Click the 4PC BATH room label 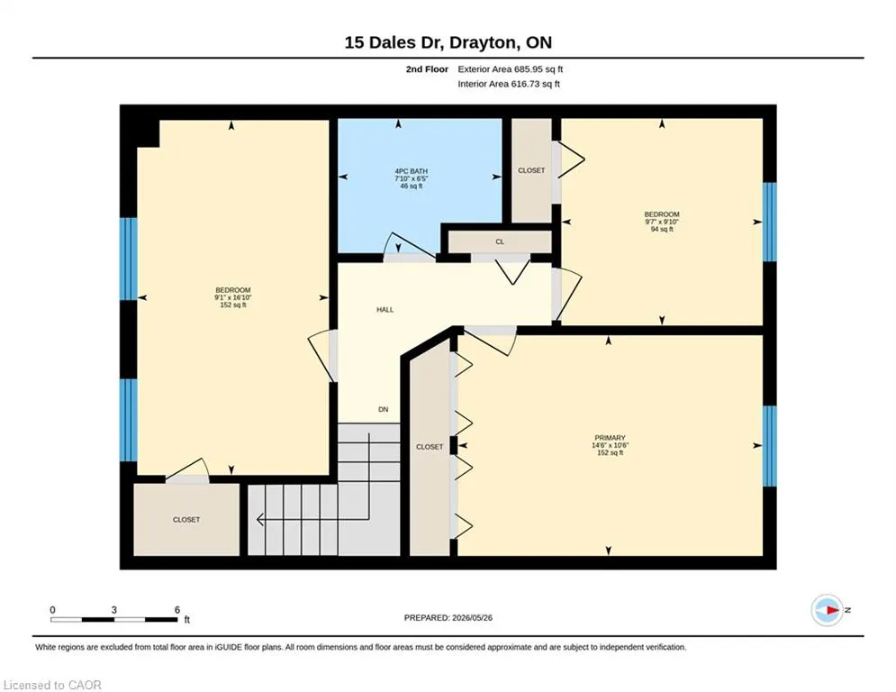pos(411,171)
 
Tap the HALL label pos(385,309)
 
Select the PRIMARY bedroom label pos(610,438)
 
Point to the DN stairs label pos(384,409)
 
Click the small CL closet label pos(500,241)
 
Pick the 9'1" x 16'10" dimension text pos(233,297)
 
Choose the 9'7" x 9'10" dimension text pos(662,222)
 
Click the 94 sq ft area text pos(662,230)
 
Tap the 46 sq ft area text pos(412,186)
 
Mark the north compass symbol pos(828,610)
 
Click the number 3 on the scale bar pos(113,610)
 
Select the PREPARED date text pos(448,617)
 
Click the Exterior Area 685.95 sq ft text pos(511,69)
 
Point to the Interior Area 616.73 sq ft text pos(509,84)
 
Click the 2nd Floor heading pos(427,69)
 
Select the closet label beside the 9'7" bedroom pos(531,170)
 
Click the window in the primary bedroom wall pos(770,446)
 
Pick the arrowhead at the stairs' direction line pos(260,520)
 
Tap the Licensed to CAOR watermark pos(52,685)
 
